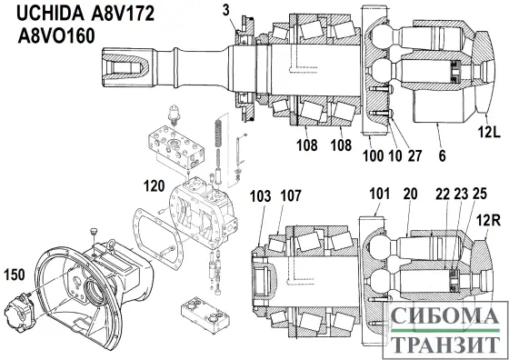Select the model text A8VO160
(60, 39)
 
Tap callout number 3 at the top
(226, 12)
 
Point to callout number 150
(16, 274)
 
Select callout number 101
(379, 193)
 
